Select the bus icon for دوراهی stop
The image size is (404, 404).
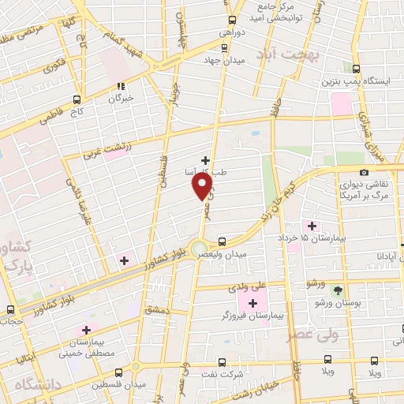click(231, 21)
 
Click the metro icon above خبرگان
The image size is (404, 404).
click(120, 87)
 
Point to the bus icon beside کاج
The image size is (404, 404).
click(77, 100)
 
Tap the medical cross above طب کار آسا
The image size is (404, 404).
click(206, 159)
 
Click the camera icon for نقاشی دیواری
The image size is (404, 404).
click(363, 173)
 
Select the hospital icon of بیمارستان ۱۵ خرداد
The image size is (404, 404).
click(312, 226)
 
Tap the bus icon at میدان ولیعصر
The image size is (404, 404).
click(222, 241)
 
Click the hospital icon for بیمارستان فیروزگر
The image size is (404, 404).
click(253, 303)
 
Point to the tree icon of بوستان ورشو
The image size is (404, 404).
click(338, 291)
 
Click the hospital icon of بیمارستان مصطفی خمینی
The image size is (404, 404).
click(86, 329)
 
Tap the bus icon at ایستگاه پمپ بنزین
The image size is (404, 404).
click(357, 69)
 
